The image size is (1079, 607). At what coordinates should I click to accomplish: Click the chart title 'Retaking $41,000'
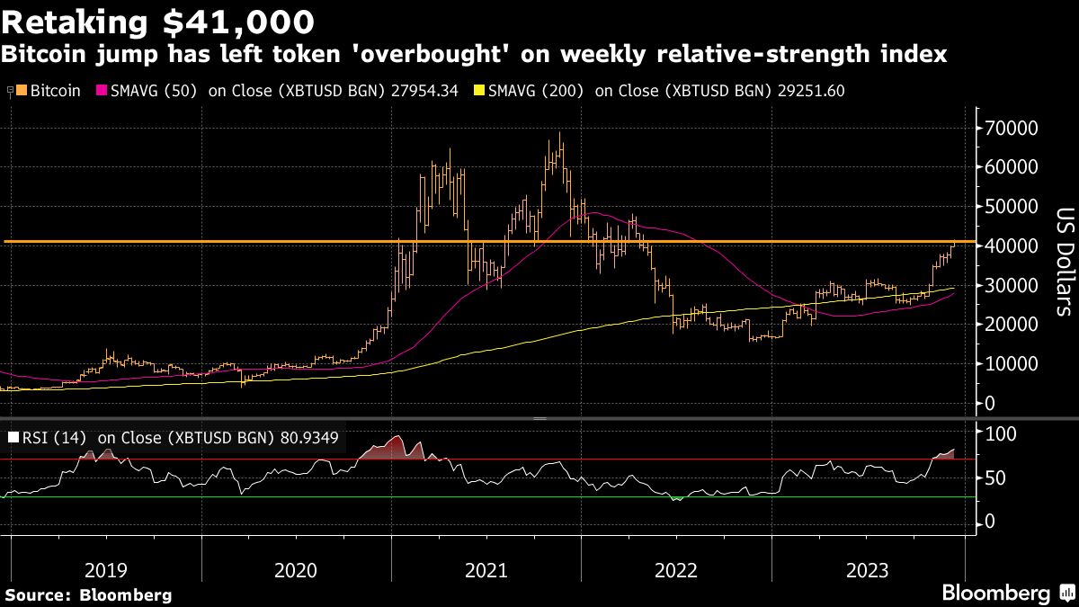(x=159, y=20)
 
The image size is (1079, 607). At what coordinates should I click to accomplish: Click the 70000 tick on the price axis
(x=1014, y=128)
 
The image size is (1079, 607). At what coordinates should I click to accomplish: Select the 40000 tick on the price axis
(x=1014, y=245)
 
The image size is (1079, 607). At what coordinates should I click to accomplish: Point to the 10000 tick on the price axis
(x=1014, y=364)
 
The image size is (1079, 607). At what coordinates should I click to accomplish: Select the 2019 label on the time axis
(x=106, y=570)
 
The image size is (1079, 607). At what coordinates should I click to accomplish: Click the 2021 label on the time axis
(x=486, y=570)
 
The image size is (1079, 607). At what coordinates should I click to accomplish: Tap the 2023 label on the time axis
(x=868, y=570)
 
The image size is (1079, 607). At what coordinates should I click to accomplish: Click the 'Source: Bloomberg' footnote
(x=88, y=594)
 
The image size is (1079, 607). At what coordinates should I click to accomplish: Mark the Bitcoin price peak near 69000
(x=560, y=135)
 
